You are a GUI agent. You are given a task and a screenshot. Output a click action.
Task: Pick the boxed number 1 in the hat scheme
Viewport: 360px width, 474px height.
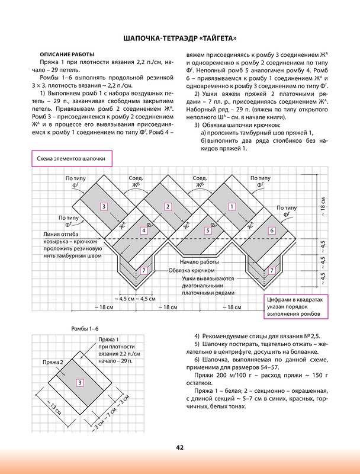[x=232, y=206]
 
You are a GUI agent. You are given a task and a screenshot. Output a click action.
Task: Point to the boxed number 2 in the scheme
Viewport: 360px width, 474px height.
[x=168, y=206]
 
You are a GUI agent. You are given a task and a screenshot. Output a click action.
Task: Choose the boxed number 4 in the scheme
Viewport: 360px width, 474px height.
[x=144, y=230]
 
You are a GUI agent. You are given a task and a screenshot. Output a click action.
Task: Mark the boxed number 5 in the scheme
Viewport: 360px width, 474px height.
[x=207, y=230]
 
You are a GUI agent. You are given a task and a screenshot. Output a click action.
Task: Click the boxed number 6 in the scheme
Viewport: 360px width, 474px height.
[x=272, y=230]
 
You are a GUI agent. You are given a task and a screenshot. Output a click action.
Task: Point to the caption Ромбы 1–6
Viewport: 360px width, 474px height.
[x=85, y=328]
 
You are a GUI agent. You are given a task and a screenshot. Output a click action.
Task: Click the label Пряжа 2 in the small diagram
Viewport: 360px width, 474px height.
[x=53, y=361]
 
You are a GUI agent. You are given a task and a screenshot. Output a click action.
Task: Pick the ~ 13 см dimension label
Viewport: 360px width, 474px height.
[x=54, y=408]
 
